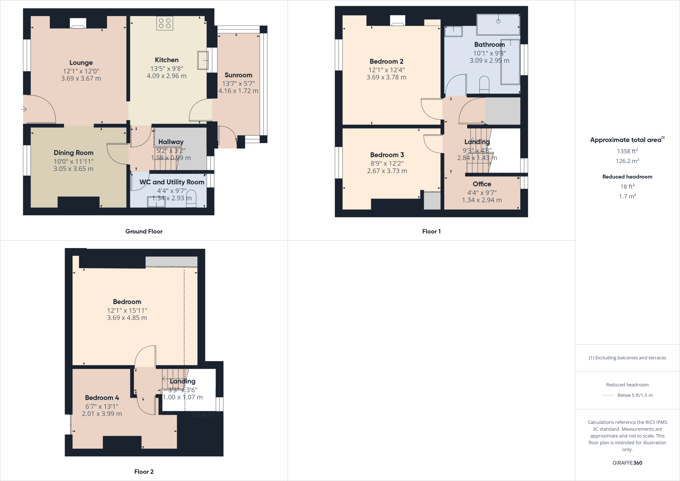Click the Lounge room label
tap(81, 62)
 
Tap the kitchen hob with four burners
tap(165, 23)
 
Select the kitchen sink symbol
tap(203, 60)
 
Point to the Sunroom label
tap(238, 75)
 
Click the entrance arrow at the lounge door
tap(24, 109)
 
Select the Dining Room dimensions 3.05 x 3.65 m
tap(73, 169)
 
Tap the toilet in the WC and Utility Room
tap(191, 199)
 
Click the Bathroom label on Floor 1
tap(489, 45)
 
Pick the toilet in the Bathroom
tap(485, 84)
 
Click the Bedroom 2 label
tap(386, 61)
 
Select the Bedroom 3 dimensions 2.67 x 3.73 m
tap(387, 171)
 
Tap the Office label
tap(482, 184)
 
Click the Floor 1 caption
tap(431, 232)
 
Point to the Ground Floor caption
tap(144, 232)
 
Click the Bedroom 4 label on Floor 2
tap(102, 398)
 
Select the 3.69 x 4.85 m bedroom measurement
tap(127, 318)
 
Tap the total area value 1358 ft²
tap(627, 151)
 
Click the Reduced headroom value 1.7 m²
tap(627, 196)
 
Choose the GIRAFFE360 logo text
tap(627, 463)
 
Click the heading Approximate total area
tap(626, 140)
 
